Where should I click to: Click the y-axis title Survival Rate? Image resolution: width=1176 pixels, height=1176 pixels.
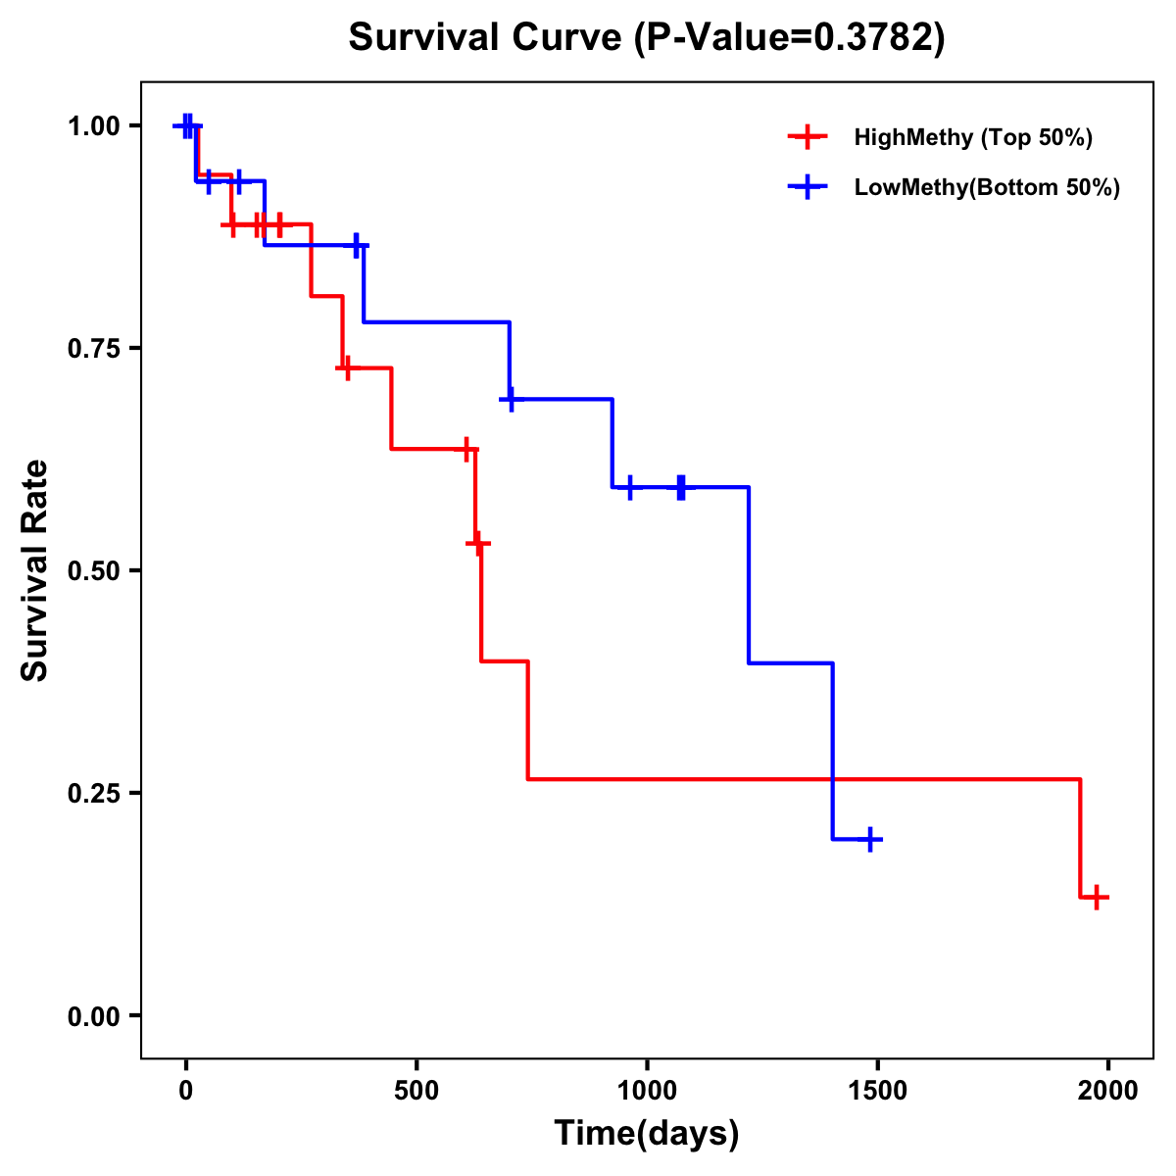pos(35,570)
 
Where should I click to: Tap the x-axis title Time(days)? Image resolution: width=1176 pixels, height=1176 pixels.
pos(647,1133)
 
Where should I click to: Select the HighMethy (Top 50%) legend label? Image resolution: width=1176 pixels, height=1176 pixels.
pos(973,137)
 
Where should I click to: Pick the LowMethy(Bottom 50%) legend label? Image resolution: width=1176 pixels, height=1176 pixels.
pos(987,187)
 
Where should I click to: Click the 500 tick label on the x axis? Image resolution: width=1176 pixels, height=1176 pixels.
pos(416,1091)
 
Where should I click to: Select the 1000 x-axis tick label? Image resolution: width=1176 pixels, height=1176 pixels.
pos(647,1091)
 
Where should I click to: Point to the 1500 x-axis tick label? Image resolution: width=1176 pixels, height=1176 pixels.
pos(878,1091)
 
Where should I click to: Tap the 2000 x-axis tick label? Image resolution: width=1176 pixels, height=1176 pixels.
pos(1108,1091)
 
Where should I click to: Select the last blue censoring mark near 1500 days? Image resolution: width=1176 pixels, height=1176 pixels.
pos(869,840)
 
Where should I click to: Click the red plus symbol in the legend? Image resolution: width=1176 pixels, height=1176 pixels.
pos(808,137)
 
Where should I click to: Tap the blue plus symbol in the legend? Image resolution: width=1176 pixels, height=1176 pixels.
pos(808,187)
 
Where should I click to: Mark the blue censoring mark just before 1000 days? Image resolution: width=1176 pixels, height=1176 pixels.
pos(630,487)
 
